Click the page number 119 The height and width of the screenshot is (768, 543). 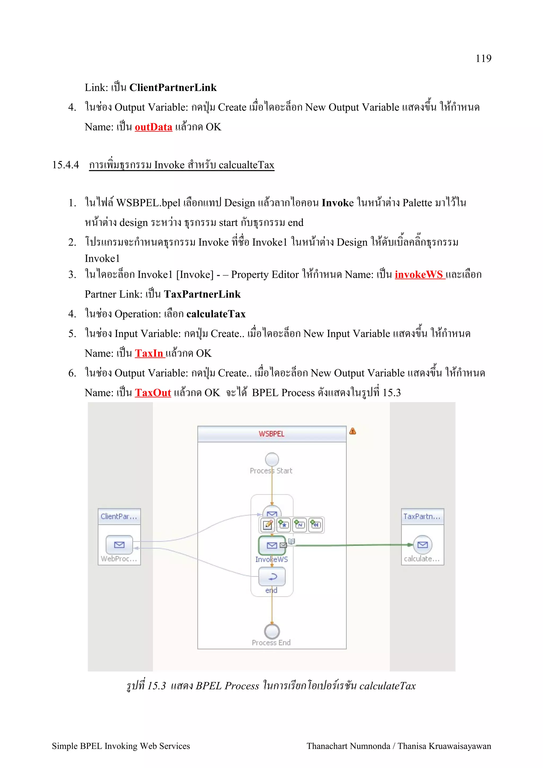pos(483,59)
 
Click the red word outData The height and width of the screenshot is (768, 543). pos(153,127)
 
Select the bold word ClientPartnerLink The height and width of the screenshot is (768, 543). pos(173,88)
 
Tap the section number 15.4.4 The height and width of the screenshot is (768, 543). pos(65,165)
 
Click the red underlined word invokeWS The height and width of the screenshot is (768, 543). pos(419,275)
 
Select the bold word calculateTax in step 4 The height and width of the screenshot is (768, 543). pos(216,314)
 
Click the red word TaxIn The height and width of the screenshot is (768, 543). pos(149,354)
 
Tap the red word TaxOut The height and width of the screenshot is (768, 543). pos(153,393)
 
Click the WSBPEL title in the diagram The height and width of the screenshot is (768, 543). pos(271,434)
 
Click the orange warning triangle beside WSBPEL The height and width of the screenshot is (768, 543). pos(352,431)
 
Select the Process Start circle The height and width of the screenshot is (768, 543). pos(272,459)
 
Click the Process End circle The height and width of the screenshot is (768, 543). pos(272,631)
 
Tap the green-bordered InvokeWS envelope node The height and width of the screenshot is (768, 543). pos(272,545)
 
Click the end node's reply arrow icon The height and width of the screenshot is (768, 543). pos(272,576)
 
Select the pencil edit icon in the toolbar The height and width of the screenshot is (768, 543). pos(267,525)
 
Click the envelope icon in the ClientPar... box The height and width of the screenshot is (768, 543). pos(119,545)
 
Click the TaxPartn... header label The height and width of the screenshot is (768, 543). pos(422,517)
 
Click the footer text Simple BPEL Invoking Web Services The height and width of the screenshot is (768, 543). pos(121,746)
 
